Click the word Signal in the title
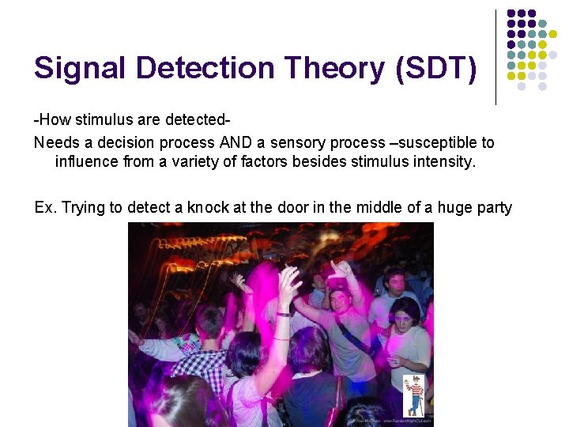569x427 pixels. pos(80,70)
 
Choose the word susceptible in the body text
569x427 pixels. pos(431,142)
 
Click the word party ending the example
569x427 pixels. pos(491,207)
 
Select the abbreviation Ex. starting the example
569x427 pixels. pos(46,207)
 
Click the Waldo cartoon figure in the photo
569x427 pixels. pos(414,395)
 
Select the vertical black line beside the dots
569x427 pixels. pos(496,57)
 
